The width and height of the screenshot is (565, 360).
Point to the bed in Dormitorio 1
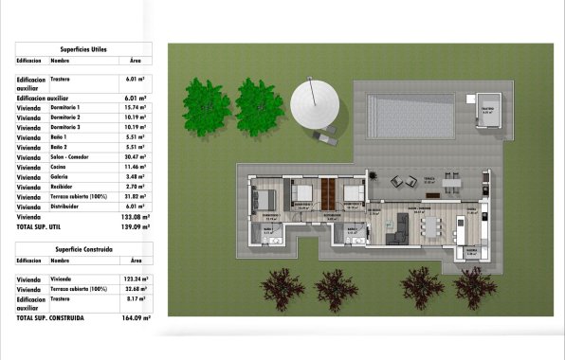[x=264, y=199]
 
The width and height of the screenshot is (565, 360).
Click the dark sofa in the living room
[x=402, y=227]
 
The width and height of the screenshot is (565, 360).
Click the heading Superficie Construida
[x=82, y=246]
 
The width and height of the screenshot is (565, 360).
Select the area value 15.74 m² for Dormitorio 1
[x=134, y=108]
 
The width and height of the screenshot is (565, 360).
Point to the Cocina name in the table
[x=59, y=167]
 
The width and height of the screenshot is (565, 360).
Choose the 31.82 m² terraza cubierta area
[x=135, y=196]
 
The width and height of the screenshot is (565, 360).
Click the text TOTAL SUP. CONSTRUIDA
[x=50, y=317]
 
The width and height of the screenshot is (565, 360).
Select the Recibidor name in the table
[x=62, y=187]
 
